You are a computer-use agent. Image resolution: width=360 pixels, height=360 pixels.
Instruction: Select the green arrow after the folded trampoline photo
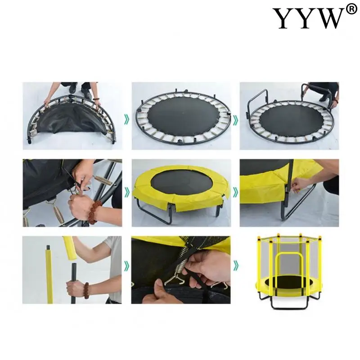pyautogui.click(x=126, y=120)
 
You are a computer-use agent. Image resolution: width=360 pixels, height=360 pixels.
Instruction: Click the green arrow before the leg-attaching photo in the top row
pyautogui.click(x=235, y=120)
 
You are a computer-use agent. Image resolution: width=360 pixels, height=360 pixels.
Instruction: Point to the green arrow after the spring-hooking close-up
pyautogui.click(x=126, y=193)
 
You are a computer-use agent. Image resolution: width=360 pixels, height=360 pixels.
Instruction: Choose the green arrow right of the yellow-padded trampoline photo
pyautogui.click(x=235, y=193)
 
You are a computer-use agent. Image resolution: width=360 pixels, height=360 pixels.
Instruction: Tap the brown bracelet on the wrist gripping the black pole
pyautogui.click(x=86, y=291)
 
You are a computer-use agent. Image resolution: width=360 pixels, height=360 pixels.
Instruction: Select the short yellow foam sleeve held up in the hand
pyautogui.click(x=69, y=248)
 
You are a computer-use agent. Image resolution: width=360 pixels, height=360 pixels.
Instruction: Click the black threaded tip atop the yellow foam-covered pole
pyautogui.click(x=49, y=248)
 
